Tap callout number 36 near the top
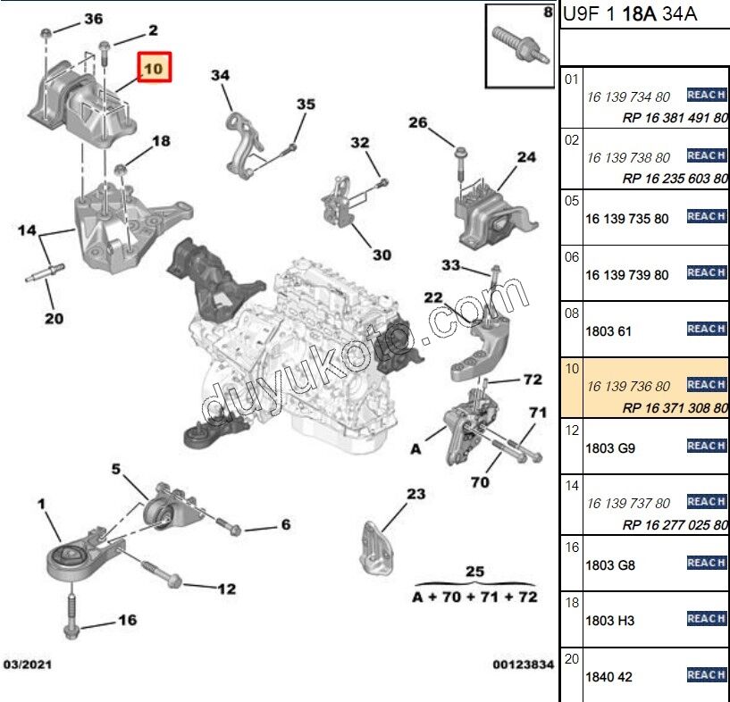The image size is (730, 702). (x=93, y=19)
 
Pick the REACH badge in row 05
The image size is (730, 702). (x=706, y=216)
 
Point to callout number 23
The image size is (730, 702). (x=416, y=494)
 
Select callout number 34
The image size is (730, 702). (x=221, y=76)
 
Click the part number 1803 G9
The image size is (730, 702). (x=610, y=448)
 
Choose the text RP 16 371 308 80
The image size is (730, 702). (x=675, y=406)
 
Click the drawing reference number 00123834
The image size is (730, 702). (x=523, y=664)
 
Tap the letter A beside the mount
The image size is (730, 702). (x=415, y=450)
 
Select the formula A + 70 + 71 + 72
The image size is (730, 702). (x=474, y=597)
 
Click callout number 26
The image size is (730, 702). (x=418, y=123)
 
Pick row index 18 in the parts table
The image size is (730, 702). (x=572, y=604)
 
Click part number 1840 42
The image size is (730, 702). (x=608, y=677)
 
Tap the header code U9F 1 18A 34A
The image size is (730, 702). (x=630, y=13)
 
